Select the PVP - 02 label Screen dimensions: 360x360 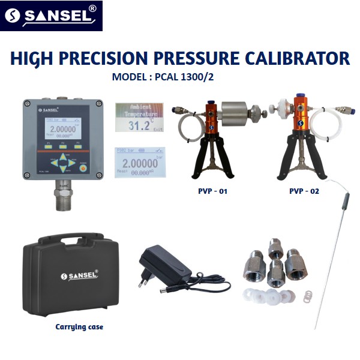coord(304,191)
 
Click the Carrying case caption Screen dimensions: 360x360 coord(79,327)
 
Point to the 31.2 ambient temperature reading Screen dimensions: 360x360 coord(140,125)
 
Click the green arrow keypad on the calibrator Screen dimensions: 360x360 coord(63,162)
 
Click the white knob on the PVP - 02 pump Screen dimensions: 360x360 coord(278,110)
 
